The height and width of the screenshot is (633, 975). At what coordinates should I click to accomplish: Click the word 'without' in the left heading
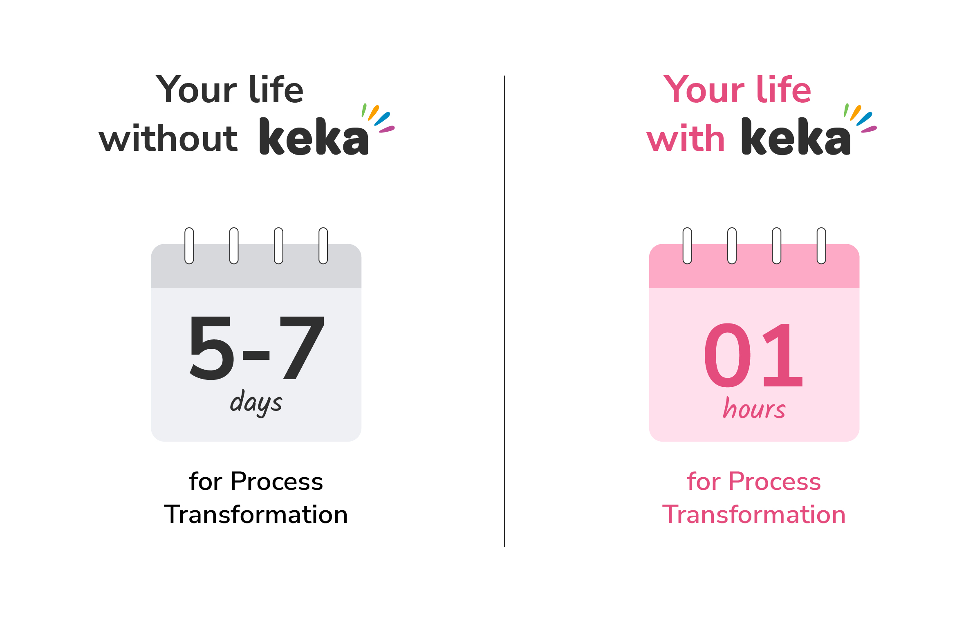(168, 139)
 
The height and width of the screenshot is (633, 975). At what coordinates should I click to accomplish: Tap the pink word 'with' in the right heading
(686, 139)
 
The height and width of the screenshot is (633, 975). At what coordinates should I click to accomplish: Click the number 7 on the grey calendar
(302, 348)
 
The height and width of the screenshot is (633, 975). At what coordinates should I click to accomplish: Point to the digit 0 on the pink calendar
(727, 355)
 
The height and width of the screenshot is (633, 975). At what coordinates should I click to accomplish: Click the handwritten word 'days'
(256, 403)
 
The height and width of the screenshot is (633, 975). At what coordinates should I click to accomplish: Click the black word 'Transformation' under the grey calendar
(256, 514)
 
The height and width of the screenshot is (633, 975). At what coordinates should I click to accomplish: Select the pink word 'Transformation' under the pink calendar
(754, 514)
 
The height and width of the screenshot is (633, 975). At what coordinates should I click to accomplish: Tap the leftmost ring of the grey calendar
(189, 246)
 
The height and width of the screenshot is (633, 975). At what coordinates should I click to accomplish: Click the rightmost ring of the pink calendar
(821, 246)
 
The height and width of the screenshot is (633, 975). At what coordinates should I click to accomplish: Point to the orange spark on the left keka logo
(373, 113)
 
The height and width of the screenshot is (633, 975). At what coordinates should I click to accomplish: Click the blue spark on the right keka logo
(864, 119)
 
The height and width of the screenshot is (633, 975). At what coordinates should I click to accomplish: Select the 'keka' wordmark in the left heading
(314, 137)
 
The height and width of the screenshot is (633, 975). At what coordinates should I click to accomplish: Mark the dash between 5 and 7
(256, 355)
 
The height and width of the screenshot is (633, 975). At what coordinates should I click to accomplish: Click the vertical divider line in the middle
(504, 311)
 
